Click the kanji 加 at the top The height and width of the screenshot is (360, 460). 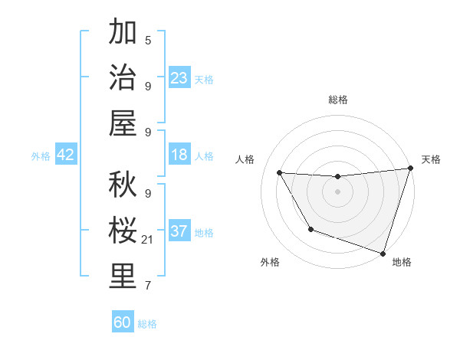click(123, 33)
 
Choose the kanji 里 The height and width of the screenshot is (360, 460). click(123, 277)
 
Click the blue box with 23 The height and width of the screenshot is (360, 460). click(179, 77)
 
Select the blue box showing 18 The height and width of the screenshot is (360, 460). click(179, 155)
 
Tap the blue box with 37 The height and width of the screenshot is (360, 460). click(179, 231)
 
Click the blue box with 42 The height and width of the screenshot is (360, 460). click(66, 155)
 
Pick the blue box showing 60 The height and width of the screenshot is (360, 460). click(123, 322)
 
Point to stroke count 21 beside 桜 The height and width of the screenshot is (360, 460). click(148, 241)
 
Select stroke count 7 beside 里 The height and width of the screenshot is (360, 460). click(148, 286)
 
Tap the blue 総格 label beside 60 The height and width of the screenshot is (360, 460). click(147, 324)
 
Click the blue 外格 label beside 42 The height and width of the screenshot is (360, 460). click(41, 156)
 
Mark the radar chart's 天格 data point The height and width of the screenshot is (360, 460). click(409, 169)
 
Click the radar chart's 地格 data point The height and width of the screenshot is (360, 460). click(383, 253)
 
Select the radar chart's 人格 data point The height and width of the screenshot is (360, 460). click(280, 173)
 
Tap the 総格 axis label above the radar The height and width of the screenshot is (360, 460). click(338, 100)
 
